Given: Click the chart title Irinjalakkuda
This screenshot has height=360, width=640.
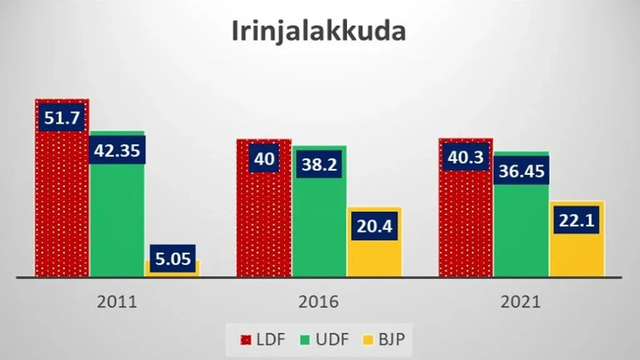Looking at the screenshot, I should coord(319,31).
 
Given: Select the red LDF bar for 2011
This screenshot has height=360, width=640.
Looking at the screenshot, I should coord(62,206).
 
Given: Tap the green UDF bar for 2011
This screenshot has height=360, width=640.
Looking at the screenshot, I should coord(117,219).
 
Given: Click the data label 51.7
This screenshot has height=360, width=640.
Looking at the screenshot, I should coord(62,118).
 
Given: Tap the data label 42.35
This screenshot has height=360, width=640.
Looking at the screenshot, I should coord(117,150).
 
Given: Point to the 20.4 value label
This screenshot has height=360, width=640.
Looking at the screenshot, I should coord(374,226).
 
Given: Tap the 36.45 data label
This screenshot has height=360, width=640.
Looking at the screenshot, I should coord(521,171).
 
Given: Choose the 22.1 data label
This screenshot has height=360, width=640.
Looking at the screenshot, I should coord(577,220).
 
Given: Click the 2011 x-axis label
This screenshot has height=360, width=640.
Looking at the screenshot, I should coord(117,302).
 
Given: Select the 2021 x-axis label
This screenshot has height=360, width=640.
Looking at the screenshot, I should coord(521,302).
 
